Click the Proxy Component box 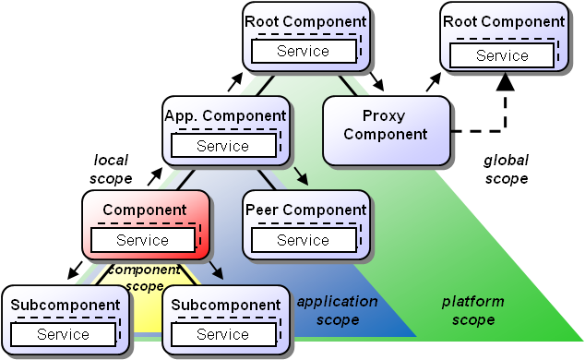[386, 125]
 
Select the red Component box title [144, 210]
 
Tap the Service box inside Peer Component [303, 240]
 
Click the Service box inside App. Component [222, 146]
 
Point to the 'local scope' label [113, 169]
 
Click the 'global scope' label [506, 170]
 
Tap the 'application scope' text [337, 310]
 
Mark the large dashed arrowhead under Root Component [505, 84]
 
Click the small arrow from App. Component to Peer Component [301, 176]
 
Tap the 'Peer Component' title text [306, 210]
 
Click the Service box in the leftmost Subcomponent [63, 334]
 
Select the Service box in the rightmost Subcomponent [222, 334]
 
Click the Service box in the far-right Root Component [502, 55]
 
